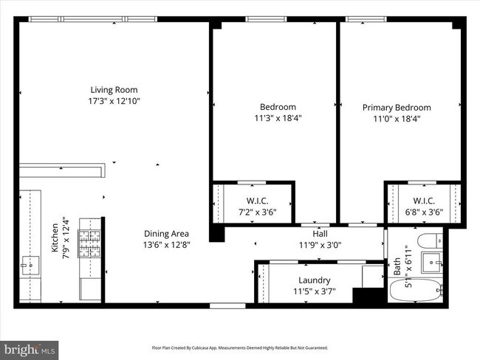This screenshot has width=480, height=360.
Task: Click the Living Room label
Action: (x=114, y=89)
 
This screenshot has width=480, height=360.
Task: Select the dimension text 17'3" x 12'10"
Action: (x=114, y=101)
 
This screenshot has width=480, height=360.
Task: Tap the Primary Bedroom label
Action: (x=397, y=107)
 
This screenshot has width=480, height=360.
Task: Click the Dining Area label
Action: (x=165, y=233)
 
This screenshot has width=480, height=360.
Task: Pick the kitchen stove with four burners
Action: (x=89, y=241)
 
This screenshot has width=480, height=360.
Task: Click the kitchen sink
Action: (x=30, y=263)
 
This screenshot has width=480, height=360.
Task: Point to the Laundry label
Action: (x=314, y=280)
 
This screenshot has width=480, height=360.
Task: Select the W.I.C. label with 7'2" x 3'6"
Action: (x=257, y=201)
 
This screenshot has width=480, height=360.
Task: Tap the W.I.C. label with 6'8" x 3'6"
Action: (x=423, y=201)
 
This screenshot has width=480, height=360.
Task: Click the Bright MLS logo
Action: (x=30, y=347)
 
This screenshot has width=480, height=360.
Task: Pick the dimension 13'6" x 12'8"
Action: (x=165, y=245)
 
